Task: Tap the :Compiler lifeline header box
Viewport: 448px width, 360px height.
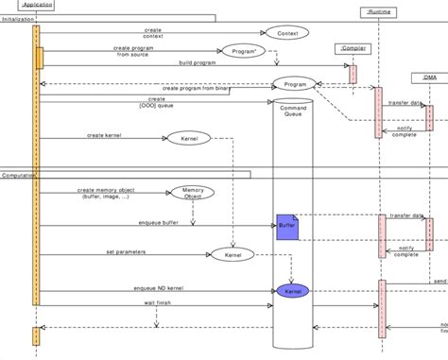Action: tap(352, 46)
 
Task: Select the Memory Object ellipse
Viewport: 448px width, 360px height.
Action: tap(192, 193)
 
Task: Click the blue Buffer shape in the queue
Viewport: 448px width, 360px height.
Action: tap(286, 227)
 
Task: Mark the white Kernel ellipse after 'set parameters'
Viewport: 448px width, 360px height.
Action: tap(231, 255)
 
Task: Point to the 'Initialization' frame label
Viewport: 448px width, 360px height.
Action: tap(20, 18)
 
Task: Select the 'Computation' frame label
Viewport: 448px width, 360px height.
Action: tap(20, 175)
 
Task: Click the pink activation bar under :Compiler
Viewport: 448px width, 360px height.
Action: tap(353, 74)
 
